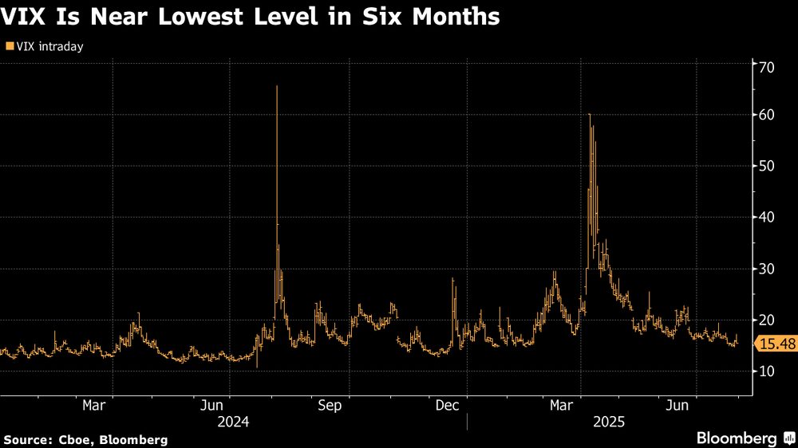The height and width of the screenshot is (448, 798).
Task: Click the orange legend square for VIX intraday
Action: tap(9, 47)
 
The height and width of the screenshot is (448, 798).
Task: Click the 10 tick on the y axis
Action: tap(765, 371)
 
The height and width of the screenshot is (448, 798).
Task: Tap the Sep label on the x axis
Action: tap(329, 406)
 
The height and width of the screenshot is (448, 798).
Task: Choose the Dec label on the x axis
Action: tap(446, 406)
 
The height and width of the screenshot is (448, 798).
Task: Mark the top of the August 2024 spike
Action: tap(277, 86)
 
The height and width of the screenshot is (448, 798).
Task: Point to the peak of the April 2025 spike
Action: tap(589, 115)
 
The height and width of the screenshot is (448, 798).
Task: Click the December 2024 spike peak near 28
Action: tap(452, 278)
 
